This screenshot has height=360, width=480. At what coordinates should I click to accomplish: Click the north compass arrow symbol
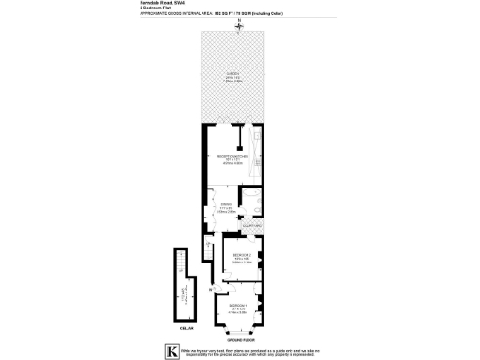(x=239, y=24)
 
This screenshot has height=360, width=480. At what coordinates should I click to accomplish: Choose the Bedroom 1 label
(x=239, y=306)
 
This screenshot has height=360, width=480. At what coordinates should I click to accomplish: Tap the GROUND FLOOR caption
(x=241, y=340)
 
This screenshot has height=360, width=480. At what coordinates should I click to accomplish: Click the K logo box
(x=171, y=352)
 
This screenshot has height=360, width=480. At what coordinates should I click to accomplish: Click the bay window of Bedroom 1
(x=240, y=329)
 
